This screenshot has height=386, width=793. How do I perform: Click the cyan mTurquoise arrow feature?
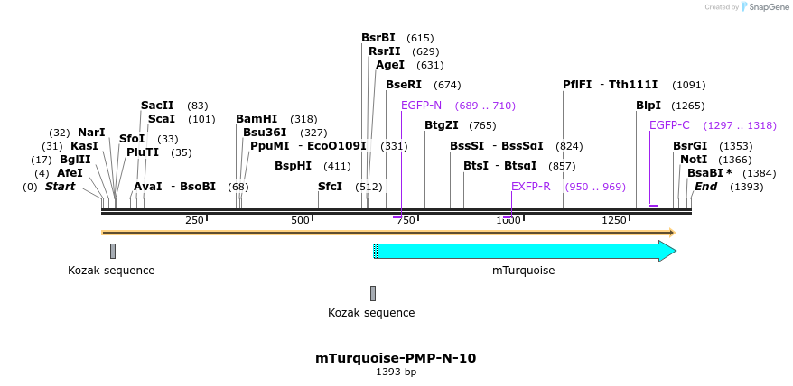[x=524, y=252]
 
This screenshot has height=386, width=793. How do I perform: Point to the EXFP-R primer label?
[x=530, y=187]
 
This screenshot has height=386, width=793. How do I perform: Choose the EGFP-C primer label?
[x=669, y=125]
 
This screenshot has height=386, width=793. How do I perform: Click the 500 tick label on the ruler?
[x=300, y=221]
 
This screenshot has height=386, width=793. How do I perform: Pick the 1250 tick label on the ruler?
[x=614, y=221]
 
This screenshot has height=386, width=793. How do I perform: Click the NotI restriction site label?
[x=694, y=159]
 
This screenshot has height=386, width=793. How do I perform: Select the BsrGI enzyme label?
[x=690, y=146]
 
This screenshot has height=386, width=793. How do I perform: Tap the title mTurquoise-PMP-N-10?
[x=396, y=358]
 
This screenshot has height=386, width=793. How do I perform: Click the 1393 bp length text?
[x=396, y=372]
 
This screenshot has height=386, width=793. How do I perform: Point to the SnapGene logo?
[x=762, y=7]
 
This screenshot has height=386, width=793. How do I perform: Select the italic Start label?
[x=61, y=187]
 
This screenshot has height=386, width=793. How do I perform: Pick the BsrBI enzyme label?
[x=378, y=38]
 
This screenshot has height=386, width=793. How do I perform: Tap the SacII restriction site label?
[x=156, y=106]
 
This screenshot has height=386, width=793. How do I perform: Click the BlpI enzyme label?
[x=648, y=106]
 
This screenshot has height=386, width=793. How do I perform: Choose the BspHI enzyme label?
[x=294, y=166]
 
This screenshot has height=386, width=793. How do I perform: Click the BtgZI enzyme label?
[x=442, y=125]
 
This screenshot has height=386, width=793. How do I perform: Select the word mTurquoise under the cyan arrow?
[x=523, y=271]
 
